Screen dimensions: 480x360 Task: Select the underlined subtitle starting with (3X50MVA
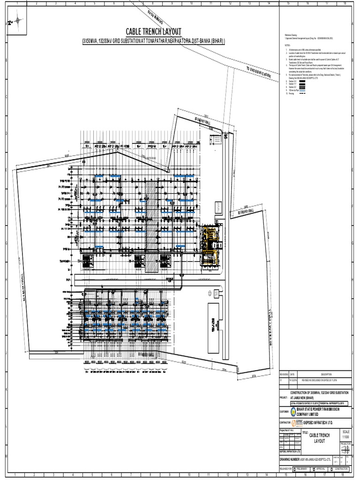click(x=149, y=41)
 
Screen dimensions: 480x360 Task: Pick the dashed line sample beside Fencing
click(x=302, y=94)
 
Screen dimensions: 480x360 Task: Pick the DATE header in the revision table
click(x=292, y=375)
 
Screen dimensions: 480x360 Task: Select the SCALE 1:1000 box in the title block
click(x=346, y=434)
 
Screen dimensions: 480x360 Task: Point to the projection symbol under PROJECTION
click(x=345, y=448)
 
